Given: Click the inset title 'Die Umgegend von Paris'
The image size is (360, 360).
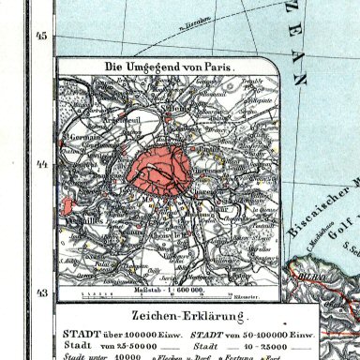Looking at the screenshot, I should pyautogui.click(x=167, y=67).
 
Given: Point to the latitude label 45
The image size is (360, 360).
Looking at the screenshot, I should pyautogui.click(x=40, y=37).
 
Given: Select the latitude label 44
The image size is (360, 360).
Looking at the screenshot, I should pyautogui.click(x=40, y=165).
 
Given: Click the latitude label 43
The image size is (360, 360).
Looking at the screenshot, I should pyautogui.click(x=40, y=267).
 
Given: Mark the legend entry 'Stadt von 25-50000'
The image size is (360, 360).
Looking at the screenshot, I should pyautogui.click(x=104, y=320).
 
